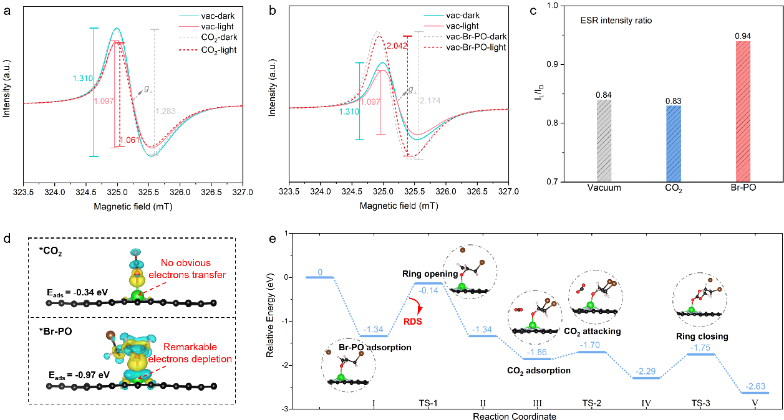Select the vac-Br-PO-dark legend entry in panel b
tap(477, 37)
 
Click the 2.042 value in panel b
tap(395, 46)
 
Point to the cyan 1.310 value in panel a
tap(82, 78)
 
